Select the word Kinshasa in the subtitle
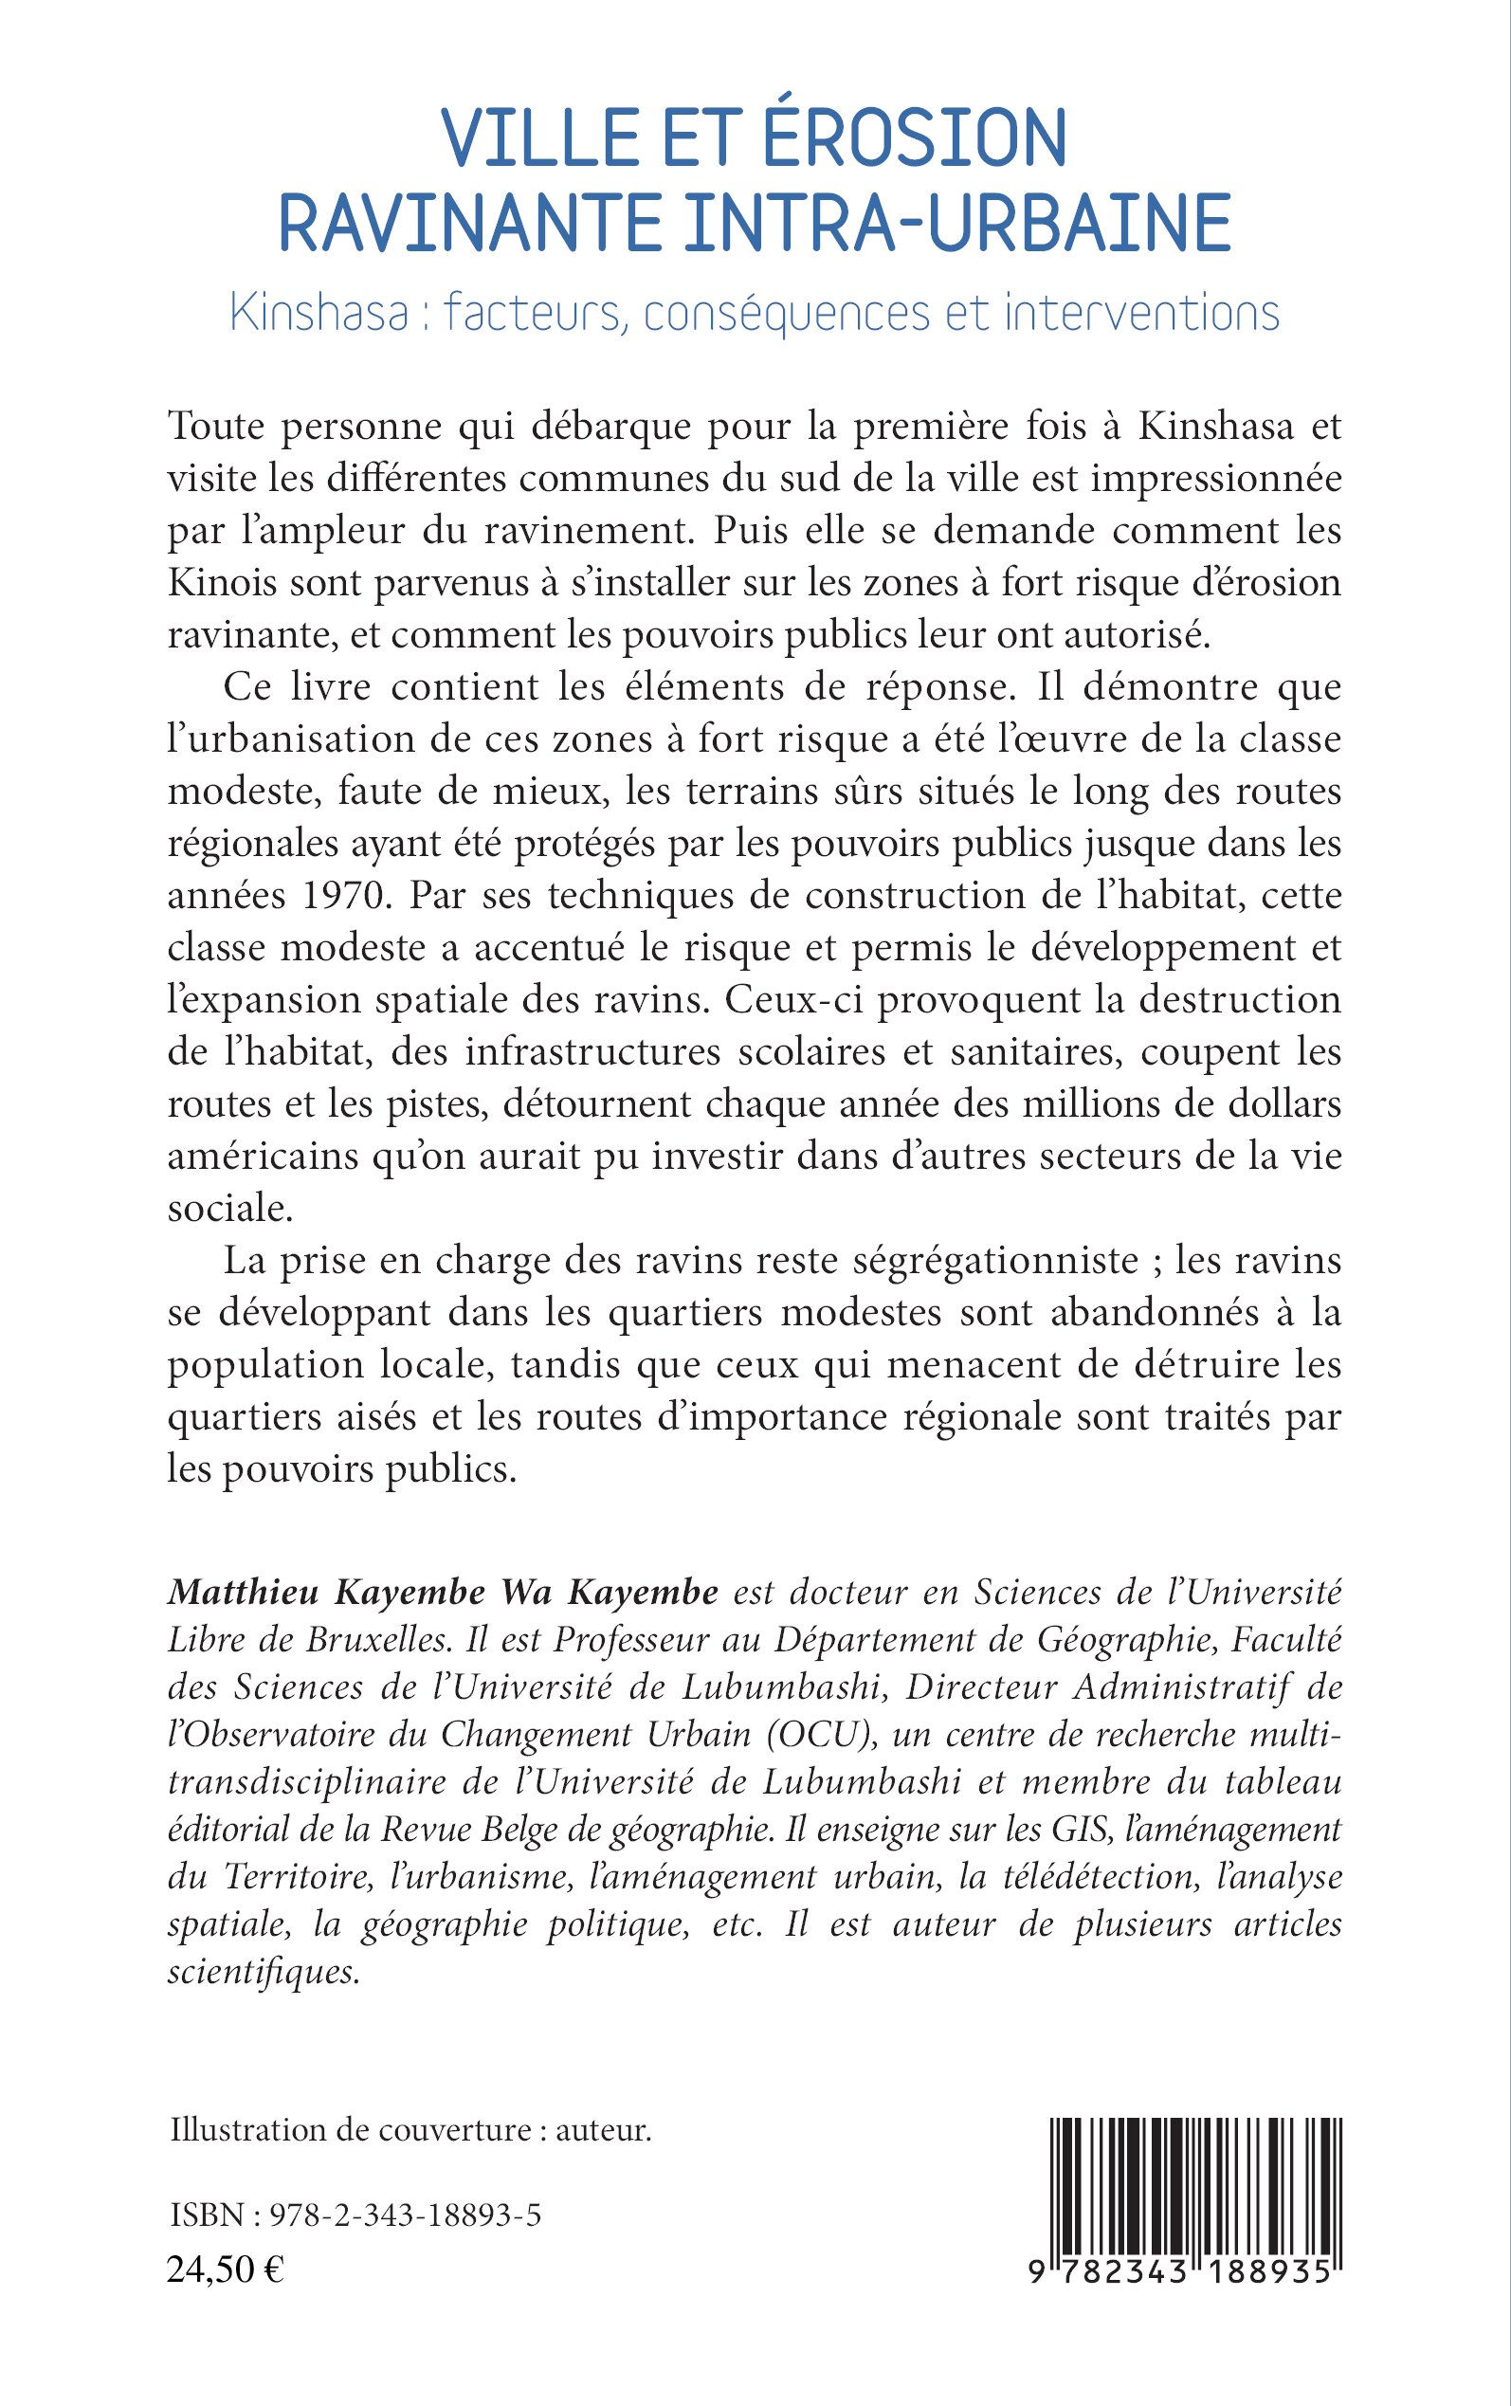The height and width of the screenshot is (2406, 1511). [319, 314]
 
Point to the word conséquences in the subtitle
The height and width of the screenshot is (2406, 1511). [789, 314]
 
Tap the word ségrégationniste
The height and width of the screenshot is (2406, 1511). [996, 1261]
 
